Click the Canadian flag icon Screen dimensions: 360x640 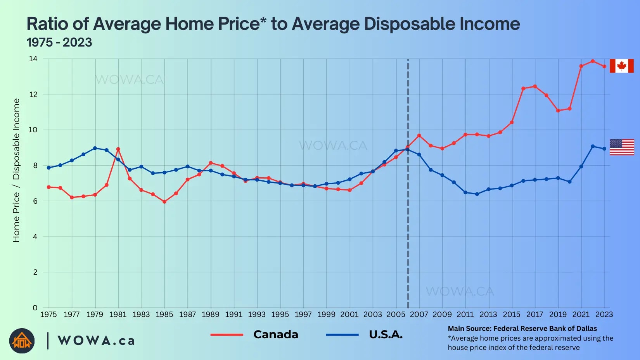click(621, 66)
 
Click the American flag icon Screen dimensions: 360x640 click(622, 147)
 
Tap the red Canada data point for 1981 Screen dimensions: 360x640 click(118, 149)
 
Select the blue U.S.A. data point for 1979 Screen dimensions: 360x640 click(95, 148)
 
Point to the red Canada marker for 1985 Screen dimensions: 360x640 click(164, 202)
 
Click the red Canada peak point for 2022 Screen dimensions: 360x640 click(593, 61)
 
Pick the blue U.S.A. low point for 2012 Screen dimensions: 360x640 click(477, 194)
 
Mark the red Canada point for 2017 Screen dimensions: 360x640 click(535, 87)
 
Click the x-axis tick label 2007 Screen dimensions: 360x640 click(419, 314)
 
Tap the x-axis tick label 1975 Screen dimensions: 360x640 click(48, 314)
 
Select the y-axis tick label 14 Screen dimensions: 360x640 click(33, 59)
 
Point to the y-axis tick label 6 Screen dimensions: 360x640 click(35, 201)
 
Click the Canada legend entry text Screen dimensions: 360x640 click(276, 334)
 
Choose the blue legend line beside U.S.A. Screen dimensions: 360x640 click(342, 335)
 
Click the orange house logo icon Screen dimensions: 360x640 click(22, 341)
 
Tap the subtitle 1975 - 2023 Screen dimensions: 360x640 click(59, 42)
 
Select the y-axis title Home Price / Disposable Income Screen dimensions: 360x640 click(16, 170)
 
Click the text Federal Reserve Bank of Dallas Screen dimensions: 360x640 click(545, 329)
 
